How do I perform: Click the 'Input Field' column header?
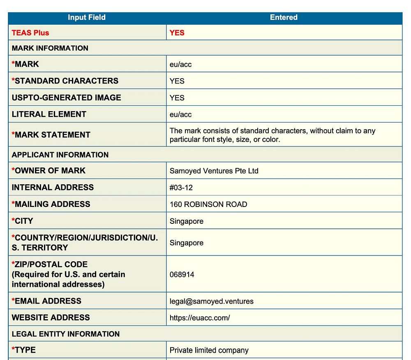pos(87,17)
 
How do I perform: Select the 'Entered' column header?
pos(284,17)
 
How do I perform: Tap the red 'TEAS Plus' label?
pos(30,33)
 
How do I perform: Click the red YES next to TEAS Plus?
pos(177,33)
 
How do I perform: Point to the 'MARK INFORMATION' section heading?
pos(50,48)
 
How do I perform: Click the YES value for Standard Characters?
pos(177,81)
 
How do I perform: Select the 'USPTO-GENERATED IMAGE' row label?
pos(67,98)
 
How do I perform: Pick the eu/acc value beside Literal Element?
pos(180,114)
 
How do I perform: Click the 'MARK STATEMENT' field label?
pos(52,135)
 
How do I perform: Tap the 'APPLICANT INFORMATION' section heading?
pos(60,155)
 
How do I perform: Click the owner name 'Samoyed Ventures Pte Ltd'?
pos(214,171)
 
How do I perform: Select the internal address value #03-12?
pos(181,188)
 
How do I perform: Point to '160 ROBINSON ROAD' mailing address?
pos(208,204)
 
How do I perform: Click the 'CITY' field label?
pos(24,221)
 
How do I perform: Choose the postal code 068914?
pos(182,274)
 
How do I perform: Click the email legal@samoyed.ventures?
pos(212,301)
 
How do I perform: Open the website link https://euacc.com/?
pos(200,318)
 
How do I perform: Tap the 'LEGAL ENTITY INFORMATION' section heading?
pos(66,334)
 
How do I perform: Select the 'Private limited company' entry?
pos(209,351)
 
